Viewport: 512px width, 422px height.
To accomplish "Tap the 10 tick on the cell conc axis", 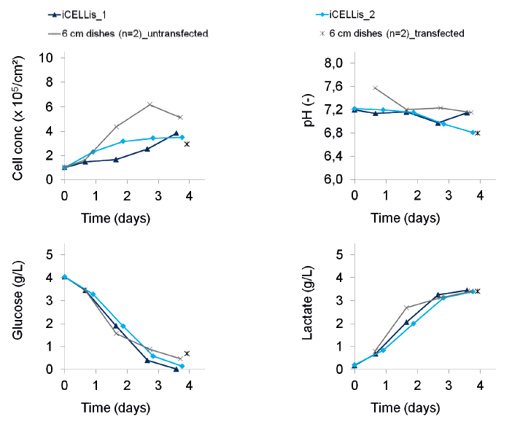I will coord(47,58).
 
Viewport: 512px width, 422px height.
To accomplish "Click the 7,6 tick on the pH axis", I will coord(333,87).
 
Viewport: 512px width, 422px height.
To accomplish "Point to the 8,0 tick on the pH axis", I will coord(333,64).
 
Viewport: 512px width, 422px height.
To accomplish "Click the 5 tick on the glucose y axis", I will coord(50,254).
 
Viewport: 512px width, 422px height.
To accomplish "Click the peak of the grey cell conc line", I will coord(149,104).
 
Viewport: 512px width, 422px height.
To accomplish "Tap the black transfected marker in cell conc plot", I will coord(187,144).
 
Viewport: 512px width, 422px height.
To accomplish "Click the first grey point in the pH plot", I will coord(375,87).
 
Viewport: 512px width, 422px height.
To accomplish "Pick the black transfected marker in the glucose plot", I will coord(187,353).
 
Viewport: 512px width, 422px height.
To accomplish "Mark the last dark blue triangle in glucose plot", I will coord(176,369).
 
